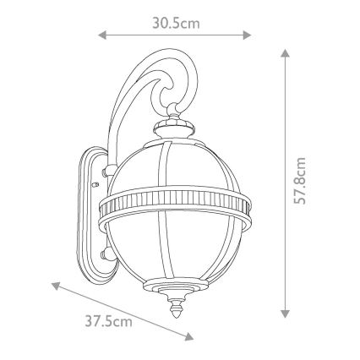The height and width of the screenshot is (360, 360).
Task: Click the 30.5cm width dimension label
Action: [176, 23]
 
